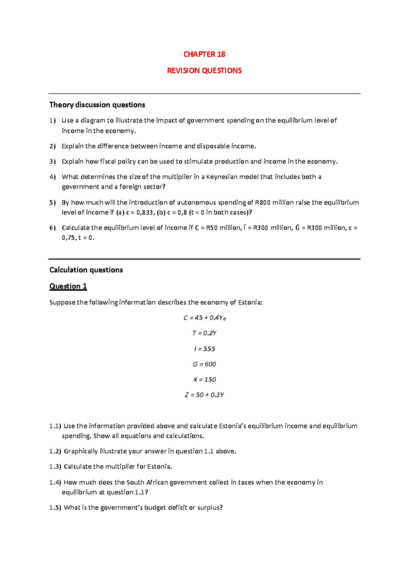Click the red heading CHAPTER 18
[204, 55]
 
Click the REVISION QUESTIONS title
[204, 71]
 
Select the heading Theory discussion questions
[97, 105]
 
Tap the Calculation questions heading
[86, 270]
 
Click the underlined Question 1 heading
[68, 286]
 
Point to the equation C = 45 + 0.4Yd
[204, 318]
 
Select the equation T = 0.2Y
[204, 333]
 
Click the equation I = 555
[204, 349]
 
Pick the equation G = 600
[204, 364]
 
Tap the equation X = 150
[204, 380]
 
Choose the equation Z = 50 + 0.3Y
[204, 395]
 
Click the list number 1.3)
[55, 467]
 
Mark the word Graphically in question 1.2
[81, 452]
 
